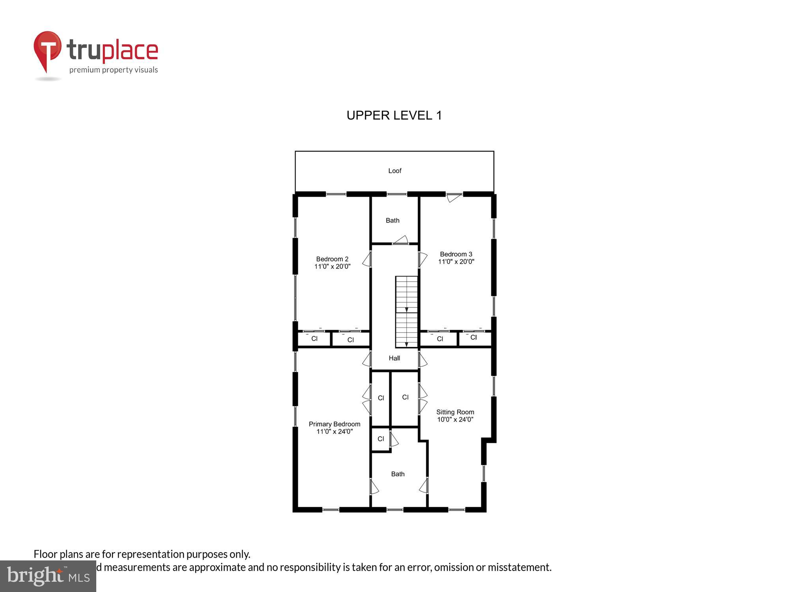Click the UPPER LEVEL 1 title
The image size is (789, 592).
click(x=394, y=115)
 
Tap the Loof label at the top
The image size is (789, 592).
click(x=394, y=171)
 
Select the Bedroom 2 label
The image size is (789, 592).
click(x=332, y=259)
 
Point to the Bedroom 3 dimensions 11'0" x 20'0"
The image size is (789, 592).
click(x=456, y=262)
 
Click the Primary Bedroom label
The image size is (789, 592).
click(x=334, y=424)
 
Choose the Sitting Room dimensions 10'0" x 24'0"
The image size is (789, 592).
click(x=455, y=420)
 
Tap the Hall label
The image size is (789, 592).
click(x=394, y=358)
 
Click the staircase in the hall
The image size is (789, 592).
click(x=406, y=312)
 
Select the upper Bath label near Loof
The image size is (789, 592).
click(x=392, y=221)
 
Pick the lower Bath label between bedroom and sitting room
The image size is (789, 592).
click(x=398, y=474)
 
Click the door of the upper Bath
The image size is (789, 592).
click(x=401, y=240)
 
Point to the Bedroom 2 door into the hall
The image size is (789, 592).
click(x=367, y=259)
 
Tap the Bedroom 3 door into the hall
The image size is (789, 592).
click(x=423, y=259)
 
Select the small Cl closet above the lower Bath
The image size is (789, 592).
click(x=381, y=439)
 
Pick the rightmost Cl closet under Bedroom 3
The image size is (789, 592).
click(x=474, y=338)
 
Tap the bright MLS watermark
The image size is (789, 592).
click(x=48, y=577)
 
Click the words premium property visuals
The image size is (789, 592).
click(x=114, y=70)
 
